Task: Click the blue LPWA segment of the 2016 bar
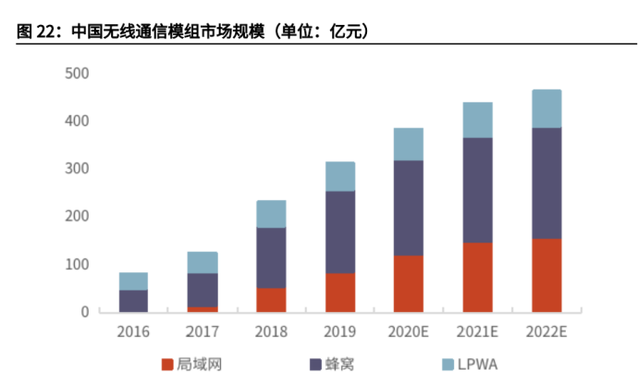pos(133,281)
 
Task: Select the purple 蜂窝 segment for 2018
pos(271,257)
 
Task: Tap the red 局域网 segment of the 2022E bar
pos(546,275)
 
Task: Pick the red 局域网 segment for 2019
pos(339,292)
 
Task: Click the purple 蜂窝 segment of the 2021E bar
pos(477,190)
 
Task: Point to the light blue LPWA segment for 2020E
pos(408,144)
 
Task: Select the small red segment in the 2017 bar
pos(202,309)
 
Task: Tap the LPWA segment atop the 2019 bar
pos(339,176)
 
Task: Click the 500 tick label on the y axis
pos(77,73)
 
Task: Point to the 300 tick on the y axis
pos(77,169)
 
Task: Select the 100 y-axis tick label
pos(77,264)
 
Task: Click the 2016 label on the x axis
pos(133,330)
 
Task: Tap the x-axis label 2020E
pos(408,330)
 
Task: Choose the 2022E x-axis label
pos(546,330)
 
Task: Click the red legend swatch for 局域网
pos(167,365)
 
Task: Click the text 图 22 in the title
pos(37,32)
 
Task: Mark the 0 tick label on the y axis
pos(84,312)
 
